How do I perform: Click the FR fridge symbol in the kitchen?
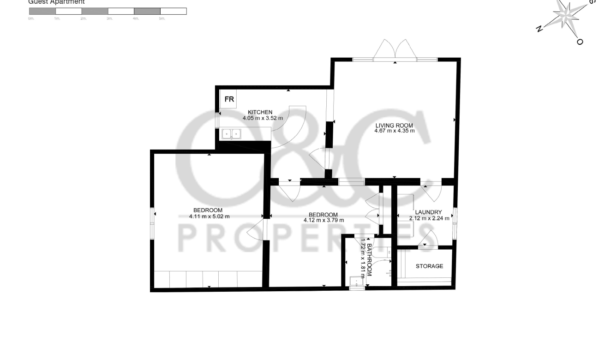coord(229,100)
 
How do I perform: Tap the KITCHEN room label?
coord(260,112)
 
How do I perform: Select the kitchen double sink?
coord(232,134)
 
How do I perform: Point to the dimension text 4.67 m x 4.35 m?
coord(394,131)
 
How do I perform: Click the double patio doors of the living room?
coord(395,51)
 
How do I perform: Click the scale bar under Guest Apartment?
coord(108,11)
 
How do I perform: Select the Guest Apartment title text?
coord(56,2)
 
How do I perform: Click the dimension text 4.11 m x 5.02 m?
coord(209,216)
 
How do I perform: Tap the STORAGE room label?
coord(429,266)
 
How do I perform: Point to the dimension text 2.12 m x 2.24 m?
coord(429,219)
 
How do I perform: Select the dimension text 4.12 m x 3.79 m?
coord(323,220)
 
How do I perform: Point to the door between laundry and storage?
coord(428,240)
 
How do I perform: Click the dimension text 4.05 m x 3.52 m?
coord(263,118)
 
